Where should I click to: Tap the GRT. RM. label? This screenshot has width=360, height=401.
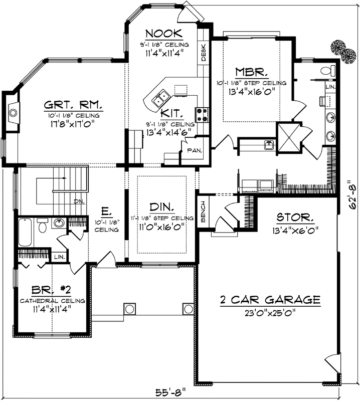coord(73,106)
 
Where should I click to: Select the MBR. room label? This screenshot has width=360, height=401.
coord(250,71)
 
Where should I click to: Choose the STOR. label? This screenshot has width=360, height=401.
coord(296,218)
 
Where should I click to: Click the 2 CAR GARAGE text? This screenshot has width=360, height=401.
coord(270,300)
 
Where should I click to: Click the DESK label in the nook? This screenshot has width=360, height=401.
coord(204,52)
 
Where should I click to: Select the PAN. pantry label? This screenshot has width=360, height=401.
coord(195,150)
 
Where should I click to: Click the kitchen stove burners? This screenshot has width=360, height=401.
coord(203,115)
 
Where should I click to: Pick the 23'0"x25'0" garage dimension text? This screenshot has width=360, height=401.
coord(271,314)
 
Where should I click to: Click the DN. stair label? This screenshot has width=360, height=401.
coord(79,202)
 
